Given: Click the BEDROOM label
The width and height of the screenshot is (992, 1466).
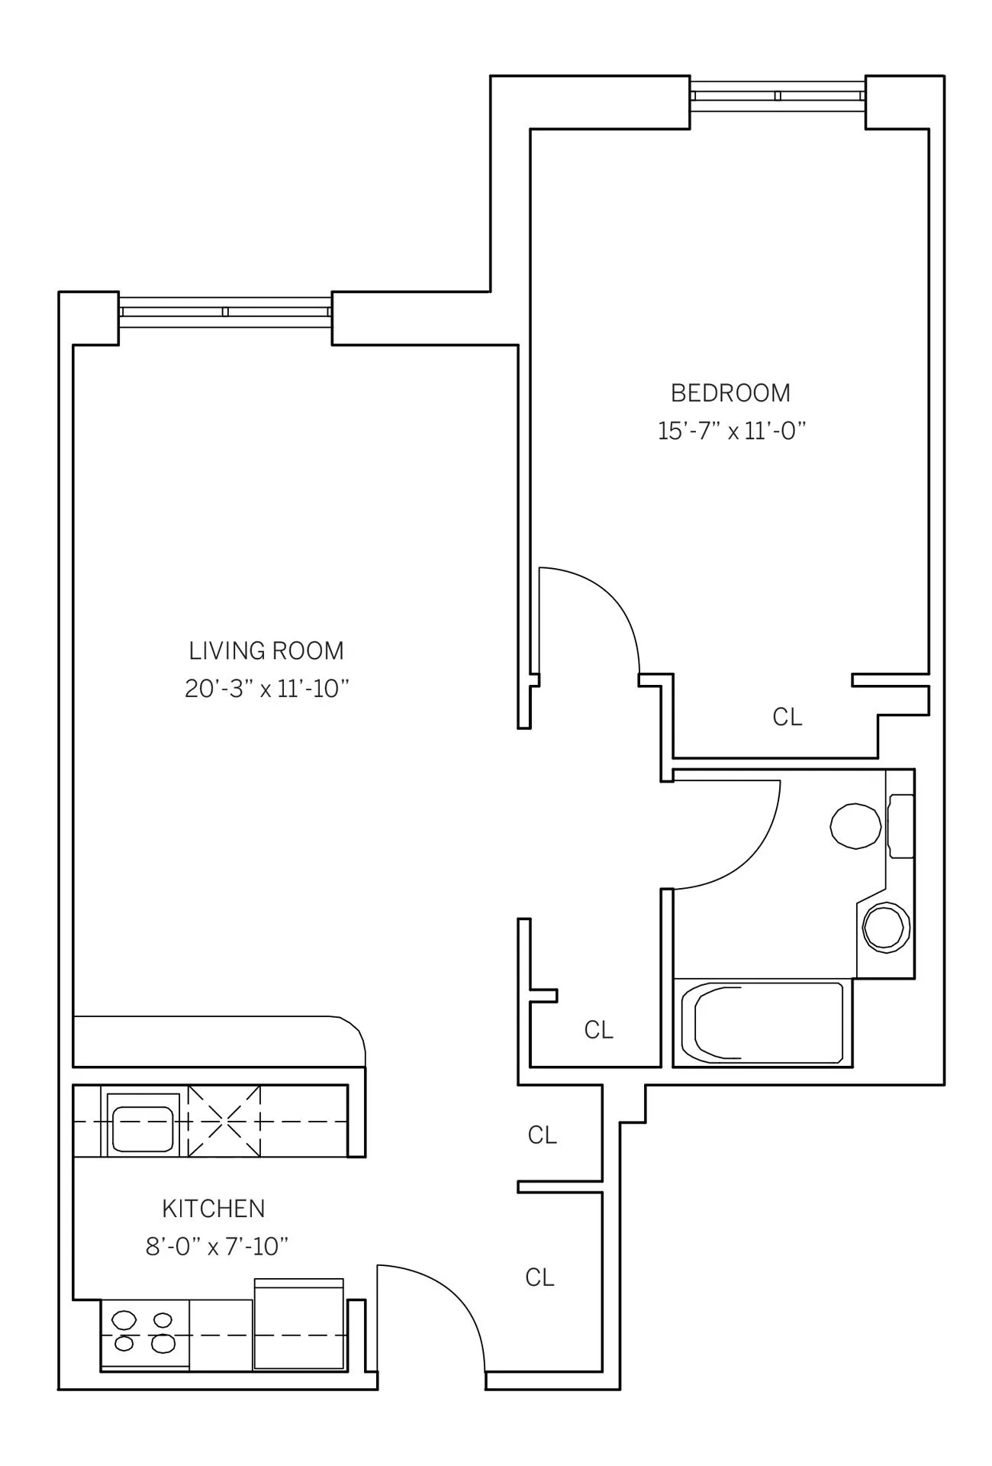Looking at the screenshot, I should click(x=730, y=392).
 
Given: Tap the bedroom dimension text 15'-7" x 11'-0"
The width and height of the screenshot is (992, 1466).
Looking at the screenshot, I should click(x=732, y=431).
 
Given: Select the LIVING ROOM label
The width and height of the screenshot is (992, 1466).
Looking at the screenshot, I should click(x=266, y=651).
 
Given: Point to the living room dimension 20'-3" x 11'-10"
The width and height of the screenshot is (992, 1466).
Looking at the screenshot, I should click(x=266, y=689).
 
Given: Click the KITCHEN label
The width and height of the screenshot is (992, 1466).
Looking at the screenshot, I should click(x=214, y=1209).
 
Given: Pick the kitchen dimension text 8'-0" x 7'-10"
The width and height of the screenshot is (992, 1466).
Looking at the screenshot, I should click(x=217, y=1247).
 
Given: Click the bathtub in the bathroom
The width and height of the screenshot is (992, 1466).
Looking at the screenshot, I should click(x=762, y=1022).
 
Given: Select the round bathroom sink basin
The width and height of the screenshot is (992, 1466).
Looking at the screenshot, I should click(x=885, y=927).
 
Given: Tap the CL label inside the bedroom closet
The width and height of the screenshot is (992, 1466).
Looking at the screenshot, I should click(x=787, y=717).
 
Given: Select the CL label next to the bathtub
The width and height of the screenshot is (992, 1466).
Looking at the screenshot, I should click(x=598, y=1030).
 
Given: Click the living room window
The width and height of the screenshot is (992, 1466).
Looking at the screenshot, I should click(x=225, y=312).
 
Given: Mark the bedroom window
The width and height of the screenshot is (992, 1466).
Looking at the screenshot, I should click(x=777, y=95).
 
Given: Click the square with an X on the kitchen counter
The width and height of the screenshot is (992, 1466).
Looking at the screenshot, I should click(x=224, y=1121).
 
